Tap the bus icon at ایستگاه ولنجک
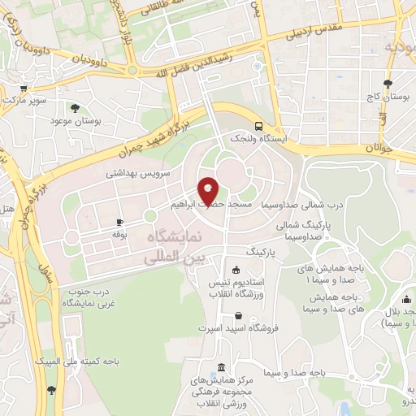258,126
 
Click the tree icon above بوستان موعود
75,107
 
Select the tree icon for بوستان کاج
388,83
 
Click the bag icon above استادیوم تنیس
236,271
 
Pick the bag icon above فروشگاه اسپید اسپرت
237,316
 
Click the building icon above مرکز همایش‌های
223,367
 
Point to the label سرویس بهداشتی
137,174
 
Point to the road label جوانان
379,148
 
